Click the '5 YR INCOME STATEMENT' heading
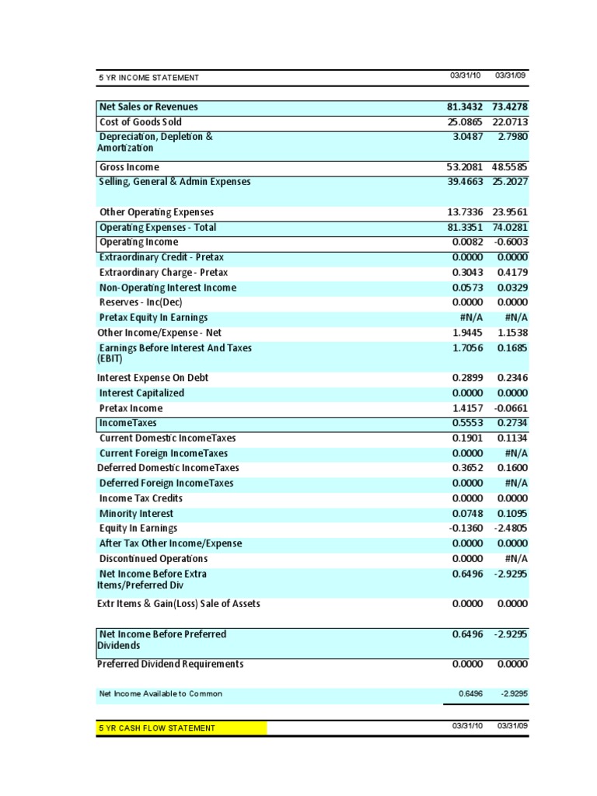[148, 78]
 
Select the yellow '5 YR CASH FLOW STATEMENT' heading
[156, 728]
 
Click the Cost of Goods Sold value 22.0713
[510, 122]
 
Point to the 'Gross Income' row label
[129, 167]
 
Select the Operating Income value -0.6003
[510, 243]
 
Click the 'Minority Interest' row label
[136, 514]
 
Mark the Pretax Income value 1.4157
[466, 408]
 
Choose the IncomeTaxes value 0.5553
[466, 423]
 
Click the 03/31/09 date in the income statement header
[511, 75]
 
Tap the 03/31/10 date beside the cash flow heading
[466, 725]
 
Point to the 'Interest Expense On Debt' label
[152, 378]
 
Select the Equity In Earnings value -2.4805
[510, 529]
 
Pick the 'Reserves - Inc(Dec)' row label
[141, 302]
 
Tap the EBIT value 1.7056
[466, 348]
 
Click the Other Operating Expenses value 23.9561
[510, 212]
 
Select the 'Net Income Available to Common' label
[160, 693]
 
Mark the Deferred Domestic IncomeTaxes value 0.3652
[466, 468]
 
